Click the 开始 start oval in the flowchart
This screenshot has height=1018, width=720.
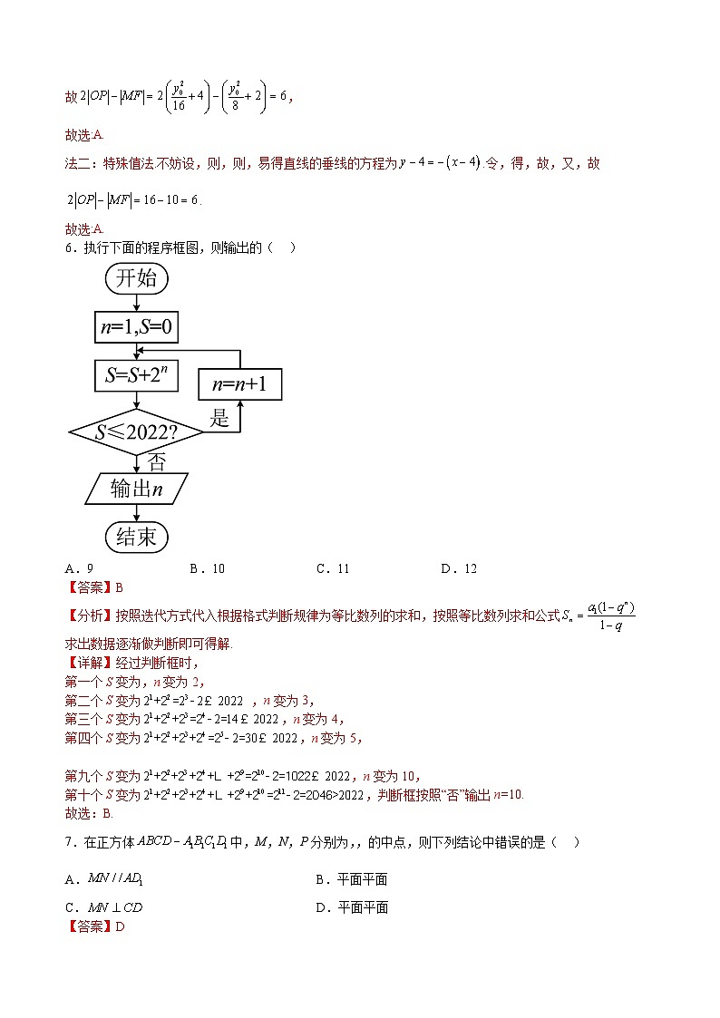(137, 278)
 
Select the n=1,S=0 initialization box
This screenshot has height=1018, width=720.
(136, 327)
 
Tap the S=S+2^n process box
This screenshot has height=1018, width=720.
(136, 374)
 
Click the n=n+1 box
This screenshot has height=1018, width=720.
(240, 384)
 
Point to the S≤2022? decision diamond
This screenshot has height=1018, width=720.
(137, 432)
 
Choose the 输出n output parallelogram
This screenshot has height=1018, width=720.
(137, 489)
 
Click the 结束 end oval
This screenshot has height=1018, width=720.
(137, 537)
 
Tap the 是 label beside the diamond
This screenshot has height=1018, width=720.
(220, 418)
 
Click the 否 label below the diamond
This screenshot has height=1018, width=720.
(156, 462)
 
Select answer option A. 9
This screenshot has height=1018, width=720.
(79, 568)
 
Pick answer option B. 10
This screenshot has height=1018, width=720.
(207, 568)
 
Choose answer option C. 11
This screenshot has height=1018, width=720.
(333, 568)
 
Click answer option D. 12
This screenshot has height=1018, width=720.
(459, 568)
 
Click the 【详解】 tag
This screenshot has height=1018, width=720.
(90, 663)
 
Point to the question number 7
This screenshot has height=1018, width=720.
(69, 843)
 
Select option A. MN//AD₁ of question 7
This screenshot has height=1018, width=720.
(100, 879)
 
